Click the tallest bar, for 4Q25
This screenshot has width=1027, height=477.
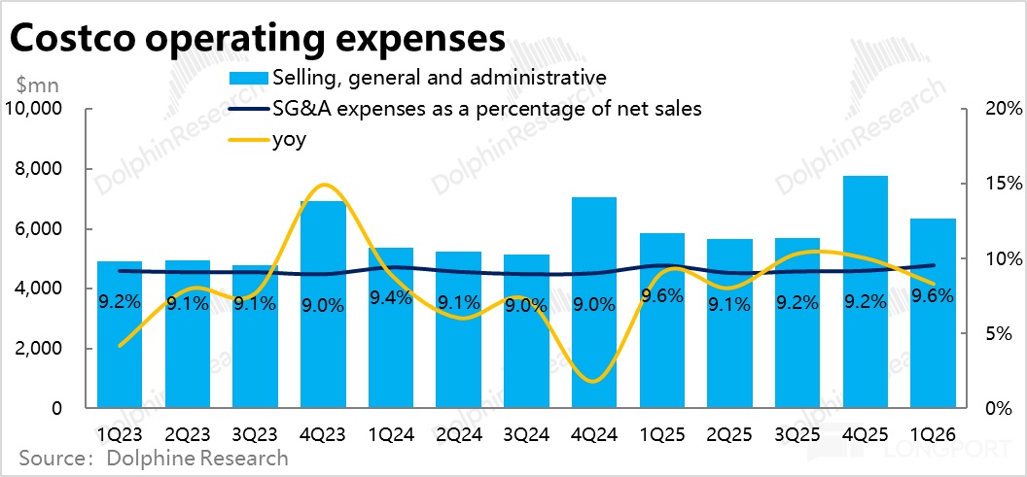866,291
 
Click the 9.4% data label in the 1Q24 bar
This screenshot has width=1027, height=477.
391,298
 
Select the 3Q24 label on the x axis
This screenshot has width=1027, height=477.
527,430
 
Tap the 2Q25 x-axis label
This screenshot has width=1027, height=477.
729,430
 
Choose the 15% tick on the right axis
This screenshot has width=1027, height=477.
995,184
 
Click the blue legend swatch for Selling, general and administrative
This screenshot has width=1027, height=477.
247,77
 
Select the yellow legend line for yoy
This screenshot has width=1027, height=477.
247,140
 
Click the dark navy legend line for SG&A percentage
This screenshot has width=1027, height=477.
247,109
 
